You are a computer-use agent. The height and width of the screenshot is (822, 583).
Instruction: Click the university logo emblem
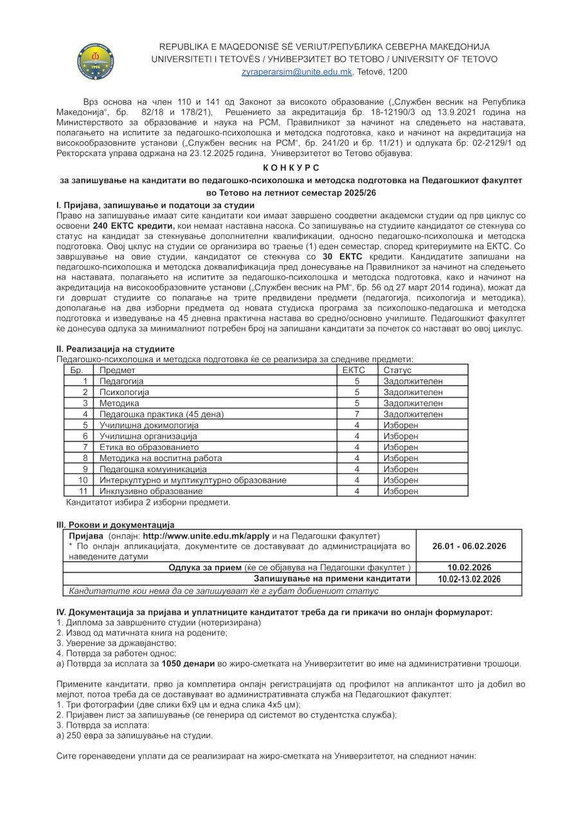pos(95,61)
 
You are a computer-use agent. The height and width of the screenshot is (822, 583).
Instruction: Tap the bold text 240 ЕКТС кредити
pos(134,226)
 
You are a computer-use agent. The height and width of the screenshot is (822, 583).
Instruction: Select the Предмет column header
pos(117,370)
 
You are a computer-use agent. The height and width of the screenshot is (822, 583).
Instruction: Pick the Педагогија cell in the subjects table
pos(121,381)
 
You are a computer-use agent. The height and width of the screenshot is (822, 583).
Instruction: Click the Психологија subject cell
pos(124,392)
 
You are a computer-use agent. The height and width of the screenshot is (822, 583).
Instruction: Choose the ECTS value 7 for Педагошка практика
pos(356,414)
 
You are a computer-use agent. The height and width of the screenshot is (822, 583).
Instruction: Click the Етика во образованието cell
pos(149,447)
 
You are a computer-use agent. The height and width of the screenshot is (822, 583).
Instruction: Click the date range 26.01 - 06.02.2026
pos(469,546)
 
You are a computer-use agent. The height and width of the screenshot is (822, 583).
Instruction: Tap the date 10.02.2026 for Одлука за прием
pos(469,568)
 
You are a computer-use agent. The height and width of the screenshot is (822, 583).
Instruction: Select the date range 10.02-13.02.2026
pos(469,579)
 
